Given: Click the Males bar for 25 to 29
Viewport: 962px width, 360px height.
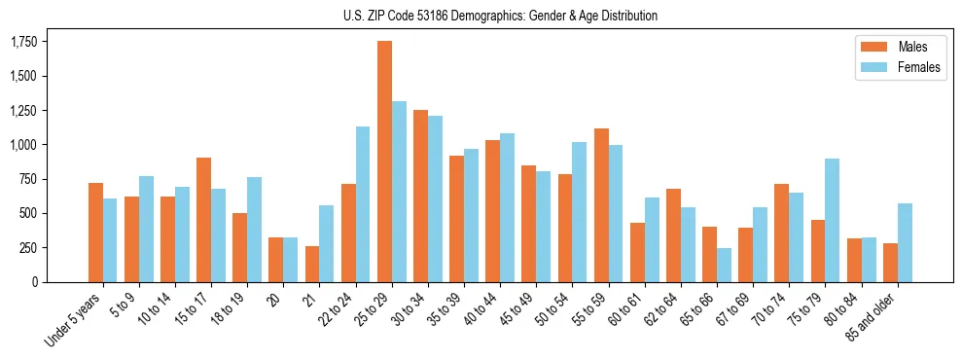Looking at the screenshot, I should [x=384, y=162].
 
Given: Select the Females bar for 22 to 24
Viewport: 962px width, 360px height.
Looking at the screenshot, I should [x=363, y=204].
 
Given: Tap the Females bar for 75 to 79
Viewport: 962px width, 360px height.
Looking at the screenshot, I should [x=832, y=220].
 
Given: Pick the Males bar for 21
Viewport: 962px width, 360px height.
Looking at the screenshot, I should [x=312, y=264].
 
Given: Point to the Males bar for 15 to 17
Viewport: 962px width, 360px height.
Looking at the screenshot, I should [x=204, y=220].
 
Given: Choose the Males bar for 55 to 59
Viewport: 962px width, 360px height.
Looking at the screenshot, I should [x=601, y=205].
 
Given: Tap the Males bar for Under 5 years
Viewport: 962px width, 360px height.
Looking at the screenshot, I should [x=95, y=233].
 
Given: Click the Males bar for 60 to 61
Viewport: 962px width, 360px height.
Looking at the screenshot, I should [x=637, y=252].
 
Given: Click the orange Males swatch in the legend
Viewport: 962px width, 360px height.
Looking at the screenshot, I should [x=869, y=47].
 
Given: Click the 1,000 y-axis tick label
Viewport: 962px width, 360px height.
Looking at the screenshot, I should [x=24, y=145].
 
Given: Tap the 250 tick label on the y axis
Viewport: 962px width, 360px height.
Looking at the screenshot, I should [x=29, y=248].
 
